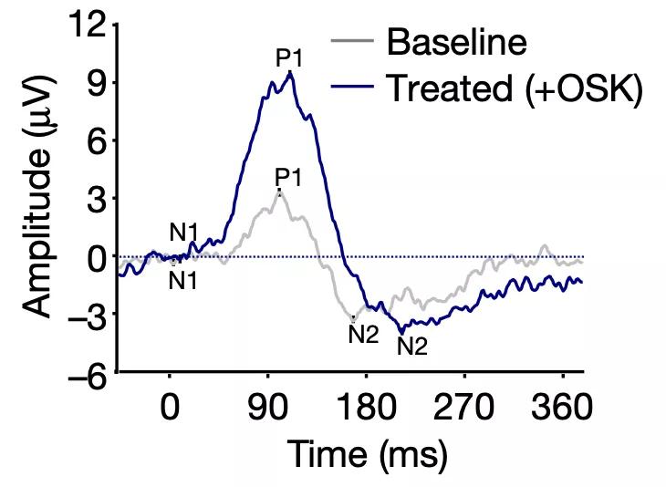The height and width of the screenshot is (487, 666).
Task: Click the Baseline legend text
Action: coord(457,41)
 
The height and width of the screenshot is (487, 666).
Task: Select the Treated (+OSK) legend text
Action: coord(515,88)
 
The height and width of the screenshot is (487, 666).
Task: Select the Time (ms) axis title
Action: coord(368,454)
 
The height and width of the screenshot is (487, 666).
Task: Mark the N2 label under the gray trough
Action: coord(363,334)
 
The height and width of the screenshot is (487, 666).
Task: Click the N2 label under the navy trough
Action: coord(412,346)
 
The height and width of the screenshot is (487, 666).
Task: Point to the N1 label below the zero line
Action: coord(183,281)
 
